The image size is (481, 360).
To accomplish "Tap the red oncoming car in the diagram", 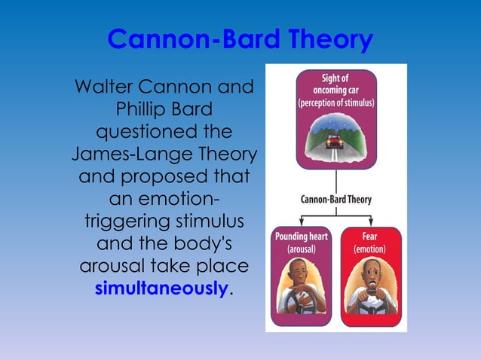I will [x=335, y=141].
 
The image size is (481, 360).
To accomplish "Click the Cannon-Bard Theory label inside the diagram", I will [x=336, y=200].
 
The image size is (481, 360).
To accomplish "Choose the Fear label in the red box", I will [x=370, y=236].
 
